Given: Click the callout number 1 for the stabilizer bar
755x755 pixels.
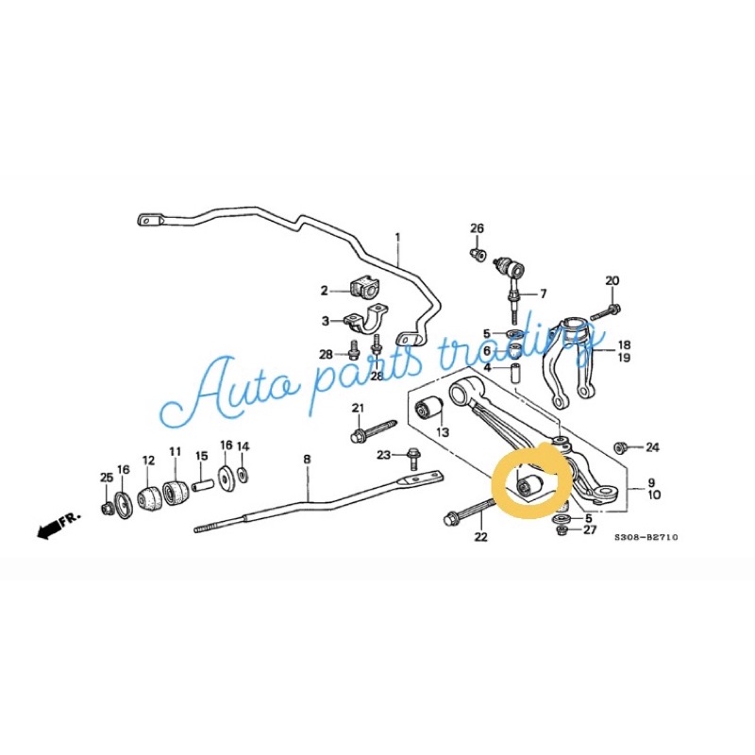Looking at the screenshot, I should [x=397, y=237].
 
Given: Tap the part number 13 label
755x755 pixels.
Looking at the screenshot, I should [x=442, y=432].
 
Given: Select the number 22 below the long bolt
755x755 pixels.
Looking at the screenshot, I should [x=481, y=538].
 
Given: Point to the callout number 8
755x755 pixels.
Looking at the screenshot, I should [x=306, y=460].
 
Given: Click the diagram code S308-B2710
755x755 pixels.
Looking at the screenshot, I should [x=646, y=537].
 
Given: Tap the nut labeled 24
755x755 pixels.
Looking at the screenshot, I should [x=621, y=446].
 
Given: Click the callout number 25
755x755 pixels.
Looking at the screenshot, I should [x=107, y=477].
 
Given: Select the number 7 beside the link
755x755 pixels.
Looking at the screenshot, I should [x=543, y=294].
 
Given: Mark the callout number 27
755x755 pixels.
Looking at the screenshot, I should [x=590, y=530].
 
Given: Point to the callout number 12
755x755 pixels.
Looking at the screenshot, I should [x=147, y=460].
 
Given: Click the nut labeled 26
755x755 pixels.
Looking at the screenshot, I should [x=479, y=254].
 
